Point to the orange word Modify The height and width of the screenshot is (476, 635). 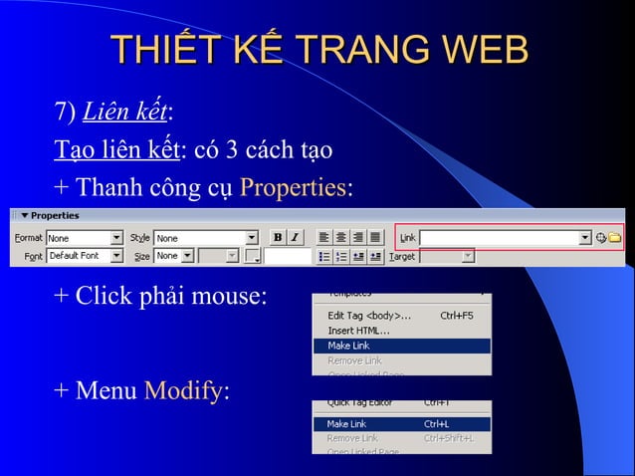[184, 389]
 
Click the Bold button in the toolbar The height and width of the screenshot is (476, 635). [278, 238]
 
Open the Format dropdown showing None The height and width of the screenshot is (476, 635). [84, 238]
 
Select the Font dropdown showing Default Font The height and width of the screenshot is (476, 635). [84, 256]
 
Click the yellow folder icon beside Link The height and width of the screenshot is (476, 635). [615, 238]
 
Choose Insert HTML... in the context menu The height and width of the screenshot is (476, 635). [359, 331]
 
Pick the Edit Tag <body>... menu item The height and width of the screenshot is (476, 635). [369, 316]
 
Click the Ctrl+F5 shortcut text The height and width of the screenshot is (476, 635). [457, 316]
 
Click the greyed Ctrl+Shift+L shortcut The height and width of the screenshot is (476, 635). [448, 437]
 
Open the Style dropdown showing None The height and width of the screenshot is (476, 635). [204, 238]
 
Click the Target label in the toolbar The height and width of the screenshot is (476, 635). [402, 256]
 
